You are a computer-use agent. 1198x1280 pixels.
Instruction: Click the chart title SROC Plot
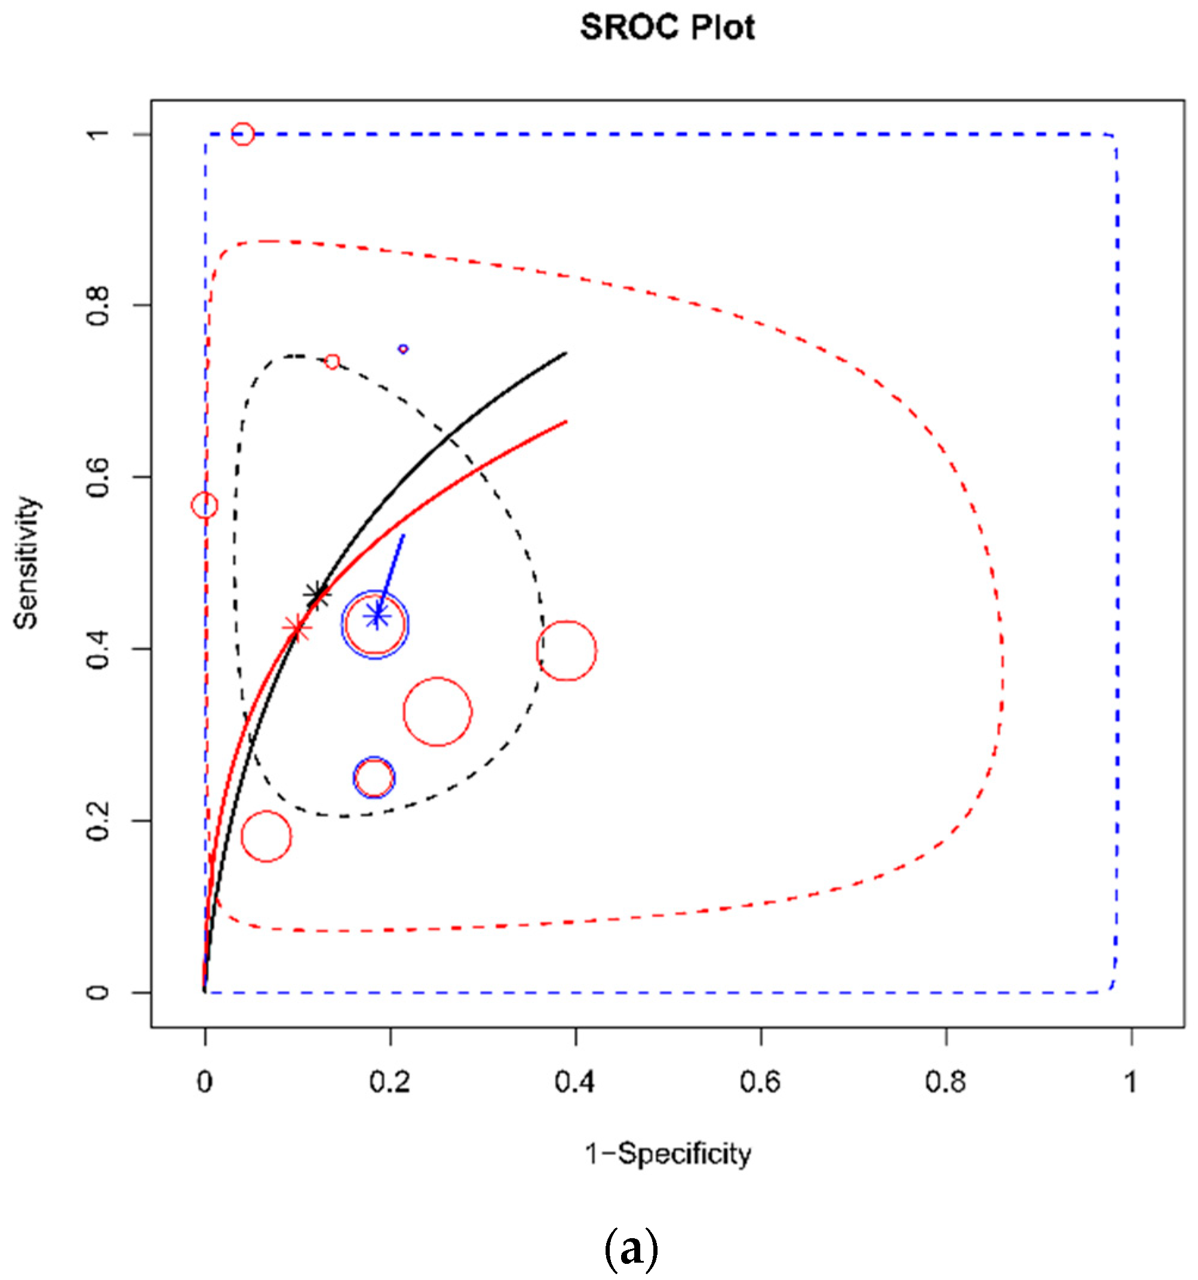tap(667, 27)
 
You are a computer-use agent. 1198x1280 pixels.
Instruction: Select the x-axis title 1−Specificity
tap(667, 1155)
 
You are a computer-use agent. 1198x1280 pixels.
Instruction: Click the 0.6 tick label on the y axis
tap(99, 477)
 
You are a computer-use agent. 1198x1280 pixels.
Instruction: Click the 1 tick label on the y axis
tap(99, 134)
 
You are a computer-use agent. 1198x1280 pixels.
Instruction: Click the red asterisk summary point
tap(297, 628)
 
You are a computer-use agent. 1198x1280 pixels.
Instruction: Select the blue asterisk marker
tap(377, 616)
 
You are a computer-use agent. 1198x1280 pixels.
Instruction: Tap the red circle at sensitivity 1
tap(242, 134)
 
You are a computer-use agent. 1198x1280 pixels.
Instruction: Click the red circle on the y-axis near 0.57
tap(205, 506)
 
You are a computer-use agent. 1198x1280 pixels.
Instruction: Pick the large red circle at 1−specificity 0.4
tap(566, 650)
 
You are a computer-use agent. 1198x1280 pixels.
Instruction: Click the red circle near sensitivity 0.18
tap(266, 837)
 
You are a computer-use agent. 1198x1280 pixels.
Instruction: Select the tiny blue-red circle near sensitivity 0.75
tap(403, 349)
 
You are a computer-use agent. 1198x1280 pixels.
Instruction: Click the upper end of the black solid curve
tap(565, 353)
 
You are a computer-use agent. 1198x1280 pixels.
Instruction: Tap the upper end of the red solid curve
tap(565, 421)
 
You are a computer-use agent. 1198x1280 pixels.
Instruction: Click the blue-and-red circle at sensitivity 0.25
tap(374, 778)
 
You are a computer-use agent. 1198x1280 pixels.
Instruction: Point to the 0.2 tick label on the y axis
tap(99, 821)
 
